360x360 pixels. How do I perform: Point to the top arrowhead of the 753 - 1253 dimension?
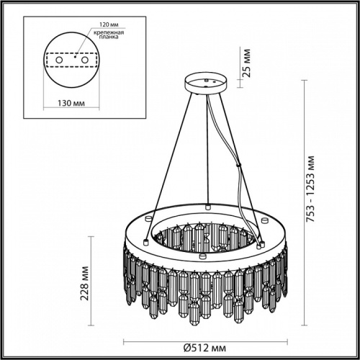click(x=310, y=78)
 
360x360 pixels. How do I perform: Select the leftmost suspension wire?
click(x=167, y=155)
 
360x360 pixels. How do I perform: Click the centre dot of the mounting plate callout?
click(x=73, y=56)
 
